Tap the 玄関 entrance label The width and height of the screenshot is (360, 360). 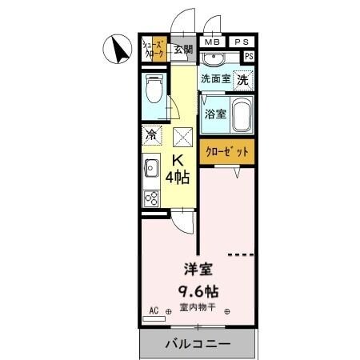[x=183, y=50]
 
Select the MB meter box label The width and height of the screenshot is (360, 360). [x=211, y=42]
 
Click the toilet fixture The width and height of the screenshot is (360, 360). [x=154, y=89]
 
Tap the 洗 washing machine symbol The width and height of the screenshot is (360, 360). [x=242, y=79]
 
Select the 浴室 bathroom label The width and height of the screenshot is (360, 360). [x=214, y=114]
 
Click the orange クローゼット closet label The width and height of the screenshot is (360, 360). [x=226, y=152]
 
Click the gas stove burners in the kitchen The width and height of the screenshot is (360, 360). [x=150, y=197]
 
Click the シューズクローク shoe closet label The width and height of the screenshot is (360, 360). [x=154, y=48]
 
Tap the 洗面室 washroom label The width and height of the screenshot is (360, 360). [x=215, y=78]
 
